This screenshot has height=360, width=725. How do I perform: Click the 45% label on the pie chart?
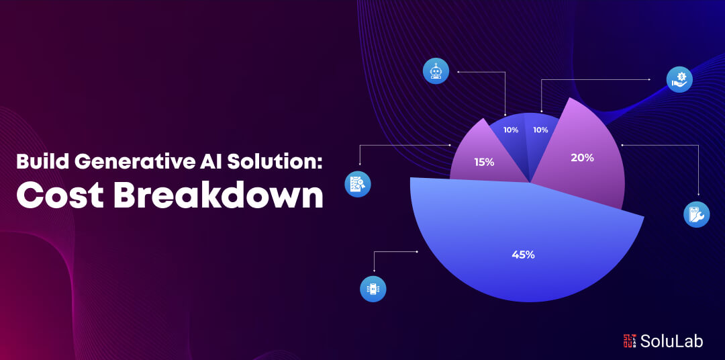pyautogui.click(x=523, y=255)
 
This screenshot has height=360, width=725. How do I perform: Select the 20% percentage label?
pyautogui.click(x=582, y=158)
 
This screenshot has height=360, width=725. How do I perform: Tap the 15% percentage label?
pyautogui.click(x=484, y=163)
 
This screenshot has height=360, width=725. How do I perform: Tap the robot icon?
pyautogui.click(x=436, y=72)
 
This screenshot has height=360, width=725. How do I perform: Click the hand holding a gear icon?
pyautogui.click(x=679, y=79)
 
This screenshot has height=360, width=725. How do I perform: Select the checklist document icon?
pyautogui.click(x=358, y=184)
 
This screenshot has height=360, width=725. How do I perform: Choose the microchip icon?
pyautogui.click(x=373, y=289)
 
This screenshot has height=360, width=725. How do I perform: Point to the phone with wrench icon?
pyautogui.click(x=696, y=214)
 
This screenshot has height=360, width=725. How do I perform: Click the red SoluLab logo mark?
pyautogui.click(x=629, y=341)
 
